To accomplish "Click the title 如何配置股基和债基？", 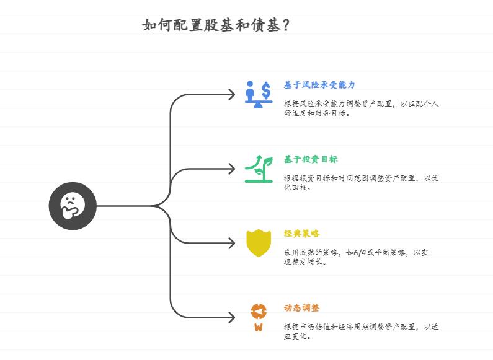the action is [x=216, y=25].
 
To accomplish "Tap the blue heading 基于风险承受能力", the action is [x=319, y=85].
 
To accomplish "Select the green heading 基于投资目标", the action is [x=311, y=159].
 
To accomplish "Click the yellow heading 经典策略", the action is [x=301, y=234].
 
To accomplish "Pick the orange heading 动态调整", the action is [x=301, y=308].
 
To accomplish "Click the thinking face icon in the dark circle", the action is [x=73, y=206].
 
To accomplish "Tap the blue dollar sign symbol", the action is [x=266, y=90].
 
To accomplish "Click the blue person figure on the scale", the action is [x=250, y=91].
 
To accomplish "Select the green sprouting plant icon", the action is [x=259, y=169].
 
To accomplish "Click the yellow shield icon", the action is [x=259, y=243].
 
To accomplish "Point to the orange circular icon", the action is [x=259, y=312].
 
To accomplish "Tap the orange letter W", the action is [x=259, y=327].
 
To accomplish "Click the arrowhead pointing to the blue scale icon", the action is [x=232, y=94].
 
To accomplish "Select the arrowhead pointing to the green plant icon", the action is [x=232, y=169].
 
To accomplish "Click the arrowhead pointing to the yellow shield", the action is [x=232, y=243].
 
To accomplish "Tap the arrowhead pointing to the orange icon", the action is [x=232, y=317].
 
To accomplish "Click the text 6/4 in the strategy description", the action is [x=360, y=253].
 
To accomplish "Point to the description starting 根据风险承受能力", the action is [x=361, y=108].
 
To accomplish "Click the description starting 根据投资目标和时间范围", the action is [x=361, y=183].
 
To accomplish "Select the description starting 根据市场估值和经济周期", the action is [x=361, y=331].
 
